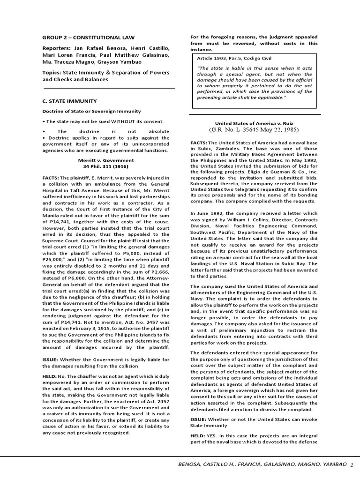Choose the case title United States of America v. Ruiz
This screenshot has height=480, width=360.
(x=254, y=123)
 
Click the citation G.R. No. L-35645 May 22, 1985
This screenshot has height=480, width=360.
(x=254, y=129)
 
